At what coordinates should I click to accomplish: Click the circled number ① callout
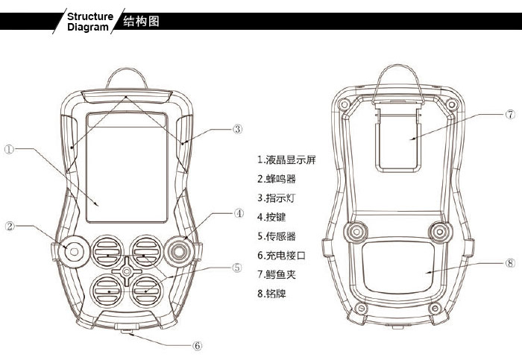tap(9, 149)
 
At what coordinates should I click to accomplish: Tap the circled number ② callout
tap(10, 226)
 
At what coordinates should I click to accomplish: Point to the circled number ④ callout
tap(239, 212)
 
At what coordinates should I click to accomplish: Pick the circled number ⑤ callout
tap(236, 267)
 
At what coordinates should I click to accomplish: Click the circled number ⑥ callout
tap(198, 346)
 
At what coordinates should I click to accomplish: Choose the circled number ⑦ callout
tap(510, 115)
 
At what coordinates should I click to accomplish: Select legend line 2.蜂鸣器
tap(277, 180)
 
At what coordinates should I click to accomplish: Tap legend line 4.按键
tap(271, 218)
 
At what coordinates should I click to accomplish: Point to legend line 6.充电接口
tap(281, 256)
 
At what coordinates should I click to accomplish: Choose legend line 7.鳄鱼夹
tap(277, 275)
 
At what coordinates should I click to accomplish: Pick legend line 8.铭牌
tap(271, 294)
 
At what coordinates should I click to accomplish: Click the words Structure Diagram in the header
tap(89, 22)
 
